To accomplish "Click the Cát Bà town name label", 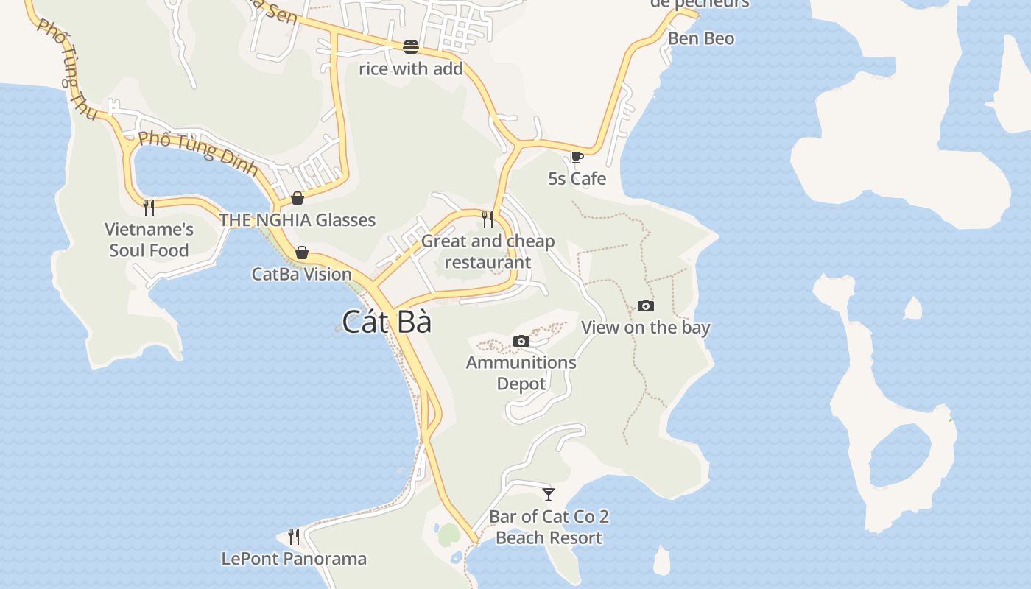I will (387, 322).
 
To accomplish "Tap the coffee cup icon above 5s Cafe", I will (577, 157).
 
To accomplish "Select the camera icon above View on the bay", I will (645, 306).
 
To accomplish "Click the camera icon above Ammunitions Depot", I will (521, 341).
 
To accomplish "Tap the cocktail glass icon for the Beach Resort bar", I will (549, 494).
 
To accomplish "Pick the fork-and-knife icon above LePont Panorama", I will (294, 536).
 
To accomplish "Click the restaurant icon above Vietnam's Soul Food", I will (149, 207).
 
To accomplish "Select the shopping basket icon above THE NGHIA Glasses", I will (298, 197).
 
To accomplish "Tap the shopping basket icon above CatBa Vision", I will (302, 253).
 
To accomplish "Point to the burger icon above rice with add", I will (411, 47).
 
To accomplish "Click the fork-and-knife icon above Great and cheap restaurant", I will (487, 219).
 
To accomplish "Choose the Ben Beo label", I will (701, 38).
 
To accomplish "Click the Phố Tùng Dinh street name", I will (198, 153).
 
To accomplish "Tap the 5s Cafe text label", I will (577, 178).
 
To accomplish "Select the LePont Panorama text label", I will (294, 559).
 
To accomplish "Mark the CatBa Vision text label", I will (302, 274).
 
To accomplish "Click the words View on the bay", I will (646, 328).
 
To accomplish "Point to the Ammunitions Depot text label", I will (521, 373).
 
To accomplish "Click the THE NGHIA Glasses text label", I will (298, 219).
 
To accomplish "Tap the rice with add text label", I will (411, 69).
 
